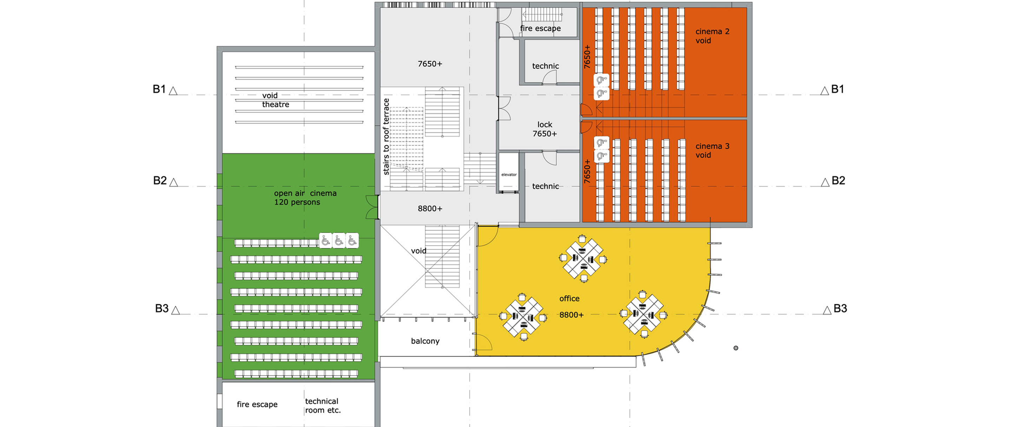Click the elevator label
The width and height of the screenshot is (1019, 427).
pos(509,174)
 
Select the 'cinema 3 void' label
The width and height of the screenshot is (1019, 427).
pos(712,151)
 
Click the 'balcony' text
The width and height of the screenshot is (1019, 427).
pos(425,341)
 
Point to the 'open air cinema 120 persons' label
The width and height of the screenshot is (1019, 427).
pos(305,198)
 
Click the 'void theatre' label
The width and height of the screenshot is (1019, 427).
pos(275,100)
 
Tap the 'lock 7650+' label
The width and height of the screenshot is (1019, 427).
pos(544,129)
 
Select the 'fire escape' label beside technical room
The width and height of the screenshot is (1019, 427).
pos(257,405)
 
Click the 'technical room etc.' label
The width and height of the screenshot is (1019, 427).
pos(323,406)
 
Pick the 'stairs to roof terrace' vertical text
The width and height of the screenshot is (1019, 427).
pos(386,136)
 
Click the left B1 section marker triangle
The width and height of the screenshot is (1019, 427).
pos(173,91)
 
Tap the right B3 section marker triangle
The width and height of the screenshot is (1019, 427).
pos(827,311)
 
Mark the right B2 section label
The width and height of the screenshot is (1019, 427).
pos(838,181)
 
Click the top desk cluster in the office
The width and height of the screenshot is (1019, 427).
pos(584,259)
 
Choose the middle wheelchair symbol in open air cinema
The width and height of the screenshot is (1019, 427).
pos(339,240)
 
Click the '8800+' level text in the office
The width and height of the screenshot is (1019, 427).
pos(571,315)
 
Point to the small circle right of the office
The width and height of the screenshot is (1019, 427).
pos(736,348)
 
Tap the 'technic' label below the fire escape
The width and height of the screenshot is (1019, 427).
pos(546,66)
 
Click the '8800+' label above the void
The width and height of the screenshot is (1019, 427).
pos(430,209)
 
